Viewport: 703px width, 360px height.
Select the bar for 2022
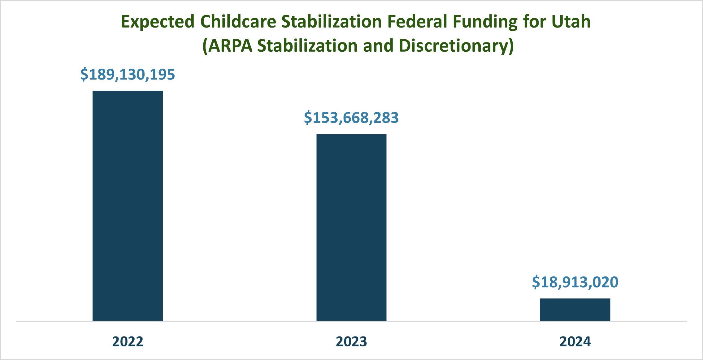[x=128, y=206]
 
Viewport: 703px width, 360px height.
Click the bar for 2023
[x=351, y=228]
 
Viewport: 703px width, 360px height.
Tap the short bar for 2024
[x=575, y=310]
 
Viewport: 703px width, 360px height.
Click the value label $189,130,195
[x=128, y=75]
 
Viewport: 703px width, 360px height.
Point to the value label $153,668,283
[x=351, y=118]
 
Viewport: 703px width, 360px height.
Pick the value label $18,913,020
[x=575, y=282]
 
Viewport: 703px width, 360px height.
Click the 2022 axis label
[x=128, y=342]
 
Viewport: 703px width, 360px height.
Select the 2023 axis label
[x=351, y=342]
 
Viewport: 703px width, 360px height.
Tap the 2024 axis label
[x=575, y=342]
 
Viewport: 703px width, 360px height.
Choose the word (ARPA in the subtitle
[x=227, y=46]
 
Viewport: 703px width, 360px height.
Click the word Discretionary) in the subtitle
[x=456, y=46]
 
